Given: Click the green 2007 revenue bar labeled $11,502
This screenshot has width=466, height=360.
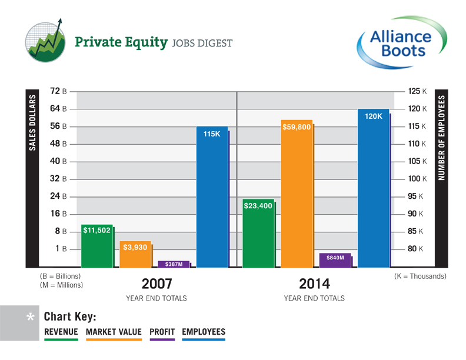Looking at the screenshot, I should tap(97, 246).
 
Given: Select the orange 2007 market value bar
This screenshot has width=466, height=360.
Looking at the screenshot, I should tap(135, 254).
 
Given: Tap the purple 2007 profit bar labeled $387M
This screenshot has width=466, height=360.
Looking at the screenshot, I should tap(174, 264).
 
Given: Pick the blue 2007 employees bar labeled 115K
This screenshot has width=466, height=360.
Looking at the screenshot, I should tap(212, 197).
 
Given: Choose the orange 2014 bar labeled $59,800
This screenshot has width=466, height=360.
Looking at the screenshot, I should tap(297, 194).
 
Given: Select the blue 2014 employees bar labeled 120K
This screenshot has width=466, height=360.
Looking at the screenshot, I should tap(373, 188).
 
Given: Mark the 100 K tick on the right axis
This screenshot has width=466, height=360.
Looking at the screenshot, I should tap(417, 179).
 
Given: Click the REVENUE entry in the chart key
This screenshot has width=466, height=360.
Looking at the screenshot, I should tap(61, 332).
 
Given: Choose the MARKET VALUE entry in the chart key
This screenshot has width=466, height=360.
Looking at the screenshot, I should tap(114, 332).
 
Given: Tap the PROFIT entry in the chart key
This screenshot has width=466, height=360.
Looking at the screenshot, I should tap(162, 332).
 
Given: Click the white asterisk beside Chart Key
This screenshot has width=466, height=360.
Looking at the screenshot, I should tap(31, 318).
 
